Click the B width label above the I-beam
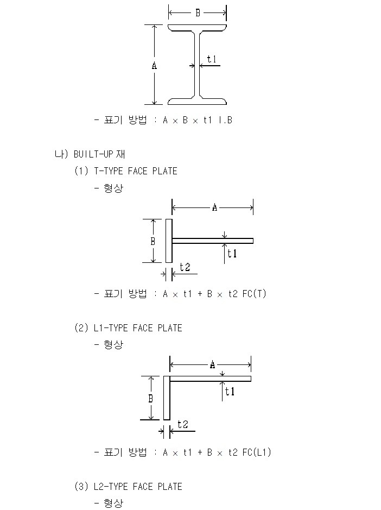198,13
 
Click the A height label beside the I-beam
154,66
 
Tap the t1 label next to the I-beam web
212,59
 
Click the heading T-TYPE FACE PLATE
136,171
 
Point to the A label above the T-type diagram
214,207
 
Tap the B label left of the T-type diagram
153,241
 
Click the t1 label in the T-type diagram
232,254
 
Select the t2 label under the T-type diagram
185,267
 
